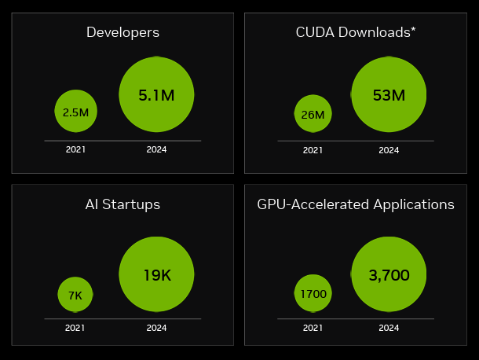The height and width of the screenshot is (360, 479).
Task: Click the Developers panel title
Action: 122,32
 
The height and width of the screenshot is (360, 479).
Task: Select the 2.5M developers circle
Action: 75,111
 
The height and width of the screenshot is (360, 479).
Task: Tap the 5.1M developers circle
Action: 156,94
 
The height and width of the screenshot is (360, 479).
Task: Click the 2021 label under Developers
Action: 75,149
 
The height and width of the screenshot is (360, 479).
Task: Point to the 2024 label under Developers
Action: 156,149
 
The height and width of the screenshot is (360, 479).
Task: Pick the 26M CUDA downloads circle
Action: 313,113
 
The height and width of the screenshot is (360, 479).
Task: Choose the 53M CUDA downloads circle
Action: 389,94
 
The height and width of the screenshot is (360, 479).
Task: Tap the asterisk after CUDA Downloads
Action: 413,30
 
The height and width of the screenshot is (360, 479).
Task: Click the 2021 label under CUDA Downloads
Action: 313,150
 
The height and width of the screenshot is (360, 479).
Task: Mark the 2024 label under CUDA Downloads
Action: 389,150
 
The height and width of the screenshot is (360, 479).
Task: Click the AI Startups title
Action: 122,204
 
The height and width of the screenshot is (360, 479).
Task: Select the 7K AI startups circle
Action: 75,295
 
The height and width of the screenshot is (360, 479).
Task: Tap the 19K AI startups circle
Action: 156,274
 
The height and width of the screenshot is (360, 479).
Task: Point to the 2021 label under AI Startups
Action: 75,328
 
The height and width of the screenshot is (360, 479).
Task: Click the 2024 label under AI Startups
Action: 156,328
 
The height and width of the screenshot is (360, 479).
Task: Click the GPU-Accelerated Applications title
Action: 356,204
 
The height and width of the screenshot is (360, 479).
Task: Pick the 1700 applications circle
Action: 313,293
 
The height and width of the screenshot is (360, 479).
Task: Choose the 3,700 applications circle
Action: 389,274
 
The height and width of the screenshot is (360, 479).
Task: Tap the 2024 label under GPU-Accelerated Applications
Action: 389,328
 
